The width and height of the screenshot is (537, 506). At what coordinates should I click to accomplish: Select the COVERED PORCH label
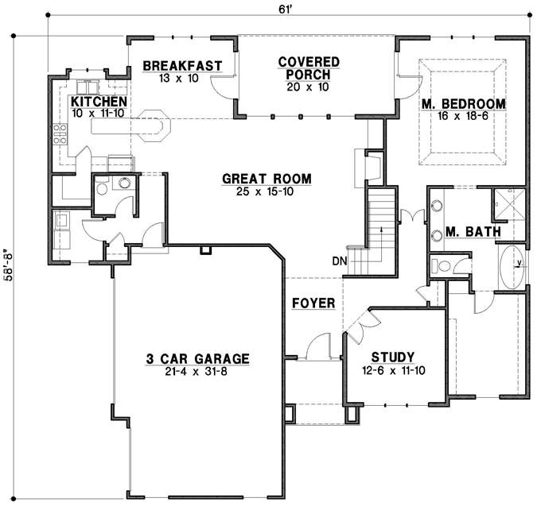coord(309,68)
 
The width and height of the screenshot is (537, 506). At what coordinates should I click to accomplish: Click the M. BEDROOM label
coord(465,104)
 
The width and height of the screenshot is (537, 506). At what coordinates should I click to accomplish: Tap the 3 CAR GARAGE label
coord(197,359)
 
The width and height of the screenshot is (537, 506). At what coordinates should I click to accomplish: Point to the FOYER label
coord(312,303)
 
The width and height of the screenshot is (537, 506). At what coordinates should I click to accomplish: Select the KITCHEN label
coord(99,102)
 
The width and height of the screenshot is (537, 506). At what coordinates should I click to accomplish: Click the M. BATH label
coord(473,232)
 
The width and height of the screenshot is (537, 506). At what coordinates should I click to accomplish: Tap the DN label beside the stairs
coord(340,261)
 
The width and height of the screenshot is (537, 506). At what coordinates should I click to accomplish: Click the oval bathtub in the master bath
coord(511,265)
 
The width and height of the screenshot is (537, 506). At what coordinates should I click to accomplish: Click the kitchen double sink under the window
coord(88,87)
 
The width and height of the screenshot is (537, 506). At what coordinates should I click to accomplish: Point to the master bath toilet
coord(439,265)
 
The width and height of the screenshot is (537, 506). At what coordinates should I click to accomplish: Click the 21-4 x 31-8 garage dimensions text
coord(197,372)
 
